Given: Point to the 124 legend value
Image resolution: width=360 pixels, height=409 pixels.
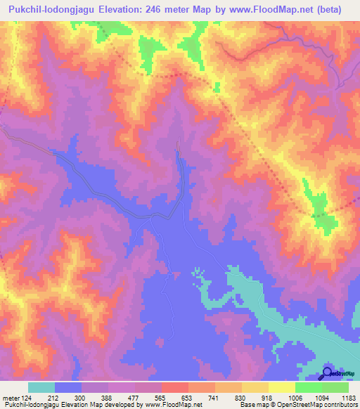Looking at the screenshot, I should [x=27, y=398].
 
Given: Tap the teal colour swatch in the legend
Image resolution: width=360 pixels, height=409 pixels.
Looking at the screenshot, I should [x=41, y=387].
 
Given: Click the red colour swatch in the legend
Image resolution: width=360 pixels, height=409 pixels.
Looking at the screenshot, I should [x=174, y=387].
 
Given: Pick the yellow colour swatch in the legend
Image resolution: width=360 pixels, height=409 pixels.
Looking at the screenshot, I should [x=281, y=387].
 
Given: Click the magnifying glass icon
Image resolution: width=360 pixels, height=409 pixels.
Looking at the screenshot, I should [x=327, y=373].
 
